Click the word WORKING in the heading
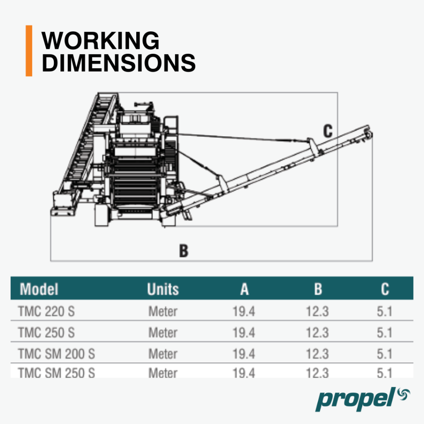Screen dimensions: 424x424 tap(100, 41)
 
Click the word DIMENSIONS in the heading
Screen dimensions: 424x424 tap(118, 63)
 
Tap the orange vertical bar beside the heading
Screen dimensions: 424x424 tap(29, 51)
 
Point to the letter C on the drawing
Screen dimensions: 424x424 tap(328, 131)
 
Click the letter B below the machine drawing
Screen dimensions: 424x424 tap(183, 251)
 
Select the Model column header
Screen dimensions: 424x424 tap(39, 289)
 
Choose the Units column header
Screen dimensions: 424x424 tap(163, 289)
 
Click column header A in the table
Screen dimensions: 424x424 tap(244, 289)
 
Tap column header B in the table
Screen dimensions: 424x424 tap(318, 289)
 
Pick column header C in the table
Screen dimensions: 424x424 tap(385, 289)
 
